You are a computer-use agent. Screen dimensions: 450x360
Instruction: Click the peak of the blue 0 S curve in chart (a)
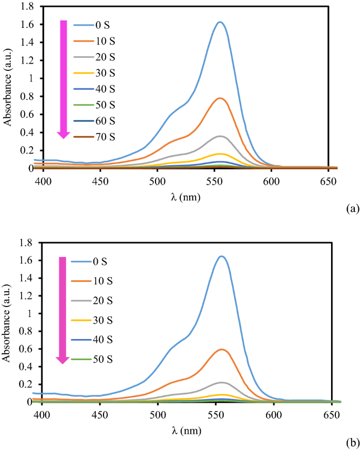pos(220,22)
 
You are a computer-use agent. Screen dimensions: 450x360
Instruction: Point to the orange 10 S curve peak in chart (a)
pos(220,98)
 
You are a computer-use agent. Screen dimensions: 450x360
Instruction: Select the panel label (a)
pos(352,209)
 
